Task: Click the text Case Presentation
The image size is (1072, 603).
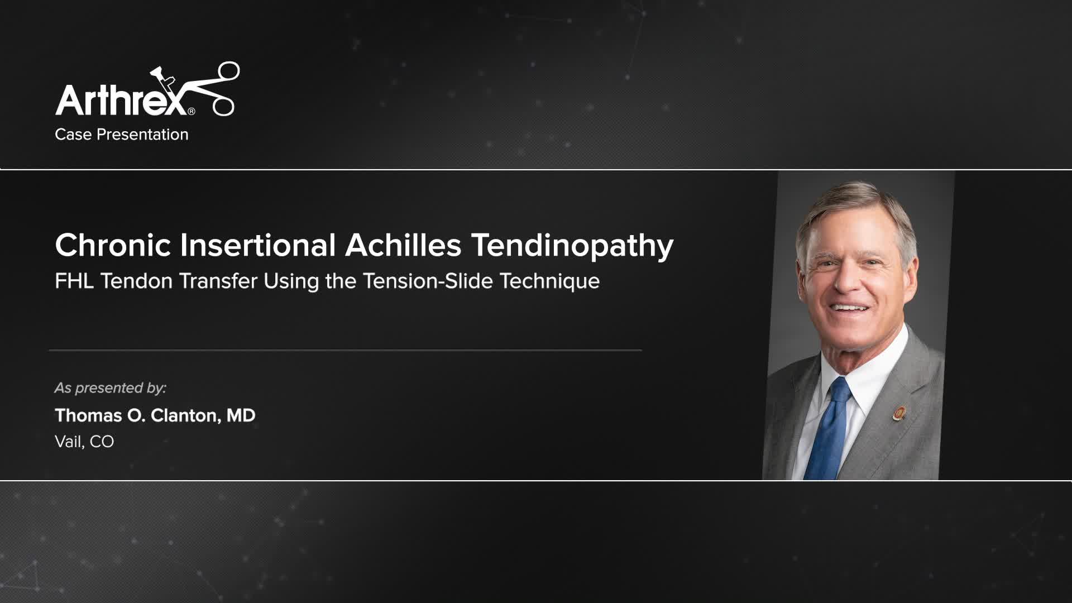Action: (121, 135)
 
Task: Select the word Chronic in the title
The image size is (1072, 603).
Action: (113, 245)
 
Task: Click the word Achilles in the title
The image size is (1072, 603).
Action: (403, 245)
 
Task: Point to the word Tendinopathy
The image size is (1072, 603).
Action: (572, 246)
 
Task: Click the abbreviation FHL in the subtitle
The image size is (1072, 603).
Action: (74, 281)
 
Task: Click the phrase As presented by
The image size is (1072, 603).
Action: (110, 387)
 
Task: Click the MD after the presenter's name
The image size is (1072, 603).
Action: (241, 415)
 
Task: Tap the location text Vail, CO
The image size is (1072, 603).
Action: (84, 442)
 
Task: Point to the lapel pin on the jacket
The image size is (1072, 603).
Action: (899, 413)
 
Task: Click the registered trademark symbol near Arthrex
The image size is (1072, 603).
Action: (192, 111)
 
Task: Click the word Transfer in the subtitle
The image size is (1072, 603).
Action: (219, 281)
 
